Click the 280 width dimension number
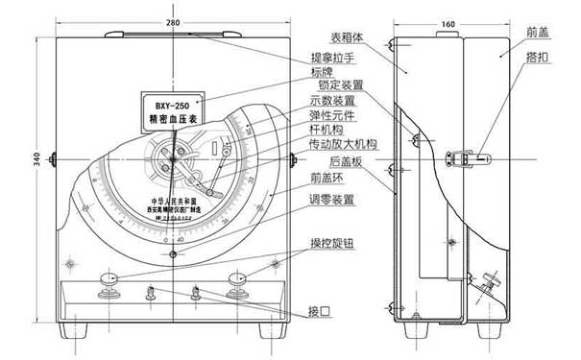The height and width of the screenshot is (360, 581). (172, 21)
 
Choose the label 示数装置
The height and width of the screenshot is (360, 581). (330, 100)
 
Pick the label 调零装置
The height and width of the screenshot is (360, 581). (330, 199)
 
